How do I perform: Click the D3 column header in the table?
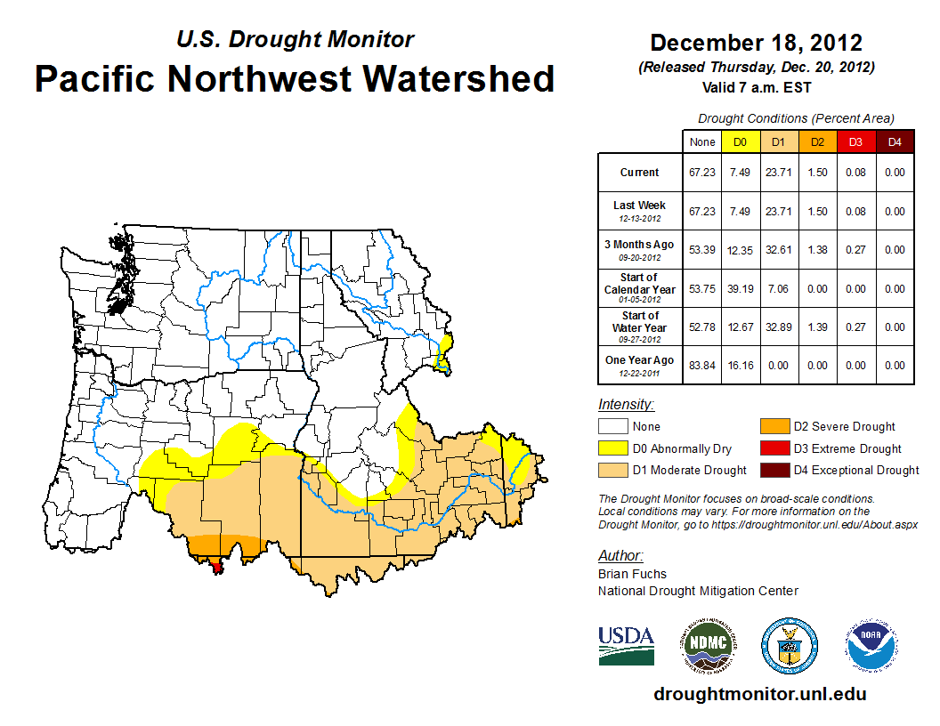coord(855,141)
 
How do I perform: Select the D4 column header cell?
coord(894,141)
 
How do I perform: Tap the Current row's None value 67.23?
coord(701,173)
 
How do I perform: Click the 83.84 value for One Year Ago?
coord(701,366)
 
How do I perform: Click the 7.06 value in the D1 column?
coord(778,289)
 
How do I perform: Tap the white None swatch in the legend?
coord(612,427)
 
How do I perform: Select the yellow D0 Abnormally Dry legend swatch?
coord(612,448)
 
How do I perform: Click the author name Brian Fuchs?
coord(632,574)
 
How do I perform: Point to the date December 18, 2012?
coord(756,43)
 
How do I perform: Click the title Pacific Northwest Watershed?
coord(295,78)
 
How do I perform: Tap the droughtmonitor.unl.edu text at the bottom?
coord(759,694)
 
